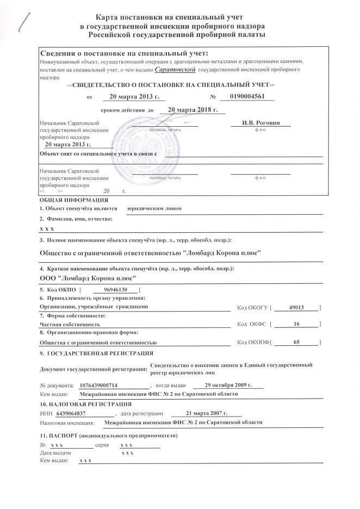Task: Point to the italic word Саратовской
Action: pos(175,70)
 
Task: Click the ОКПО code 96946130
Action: pos(115,290)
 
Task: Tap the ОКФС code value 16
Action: pos(296,324)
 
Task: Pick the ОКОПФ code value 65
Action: pos(296,342)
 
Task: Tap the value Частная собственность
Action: pos(66,324)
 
